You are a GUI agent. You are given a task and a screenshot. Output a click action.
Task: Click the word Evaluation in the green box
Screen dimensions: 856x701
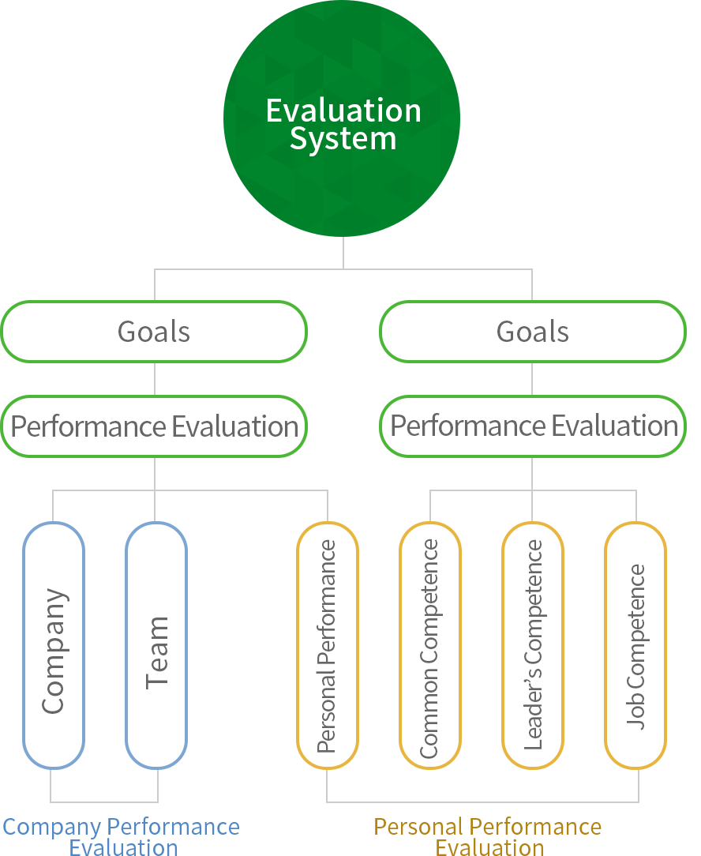(x=343, y=111)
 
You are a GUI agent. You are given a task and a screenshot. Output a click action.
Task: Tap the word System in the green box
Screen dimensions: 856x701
(x=343, y=139)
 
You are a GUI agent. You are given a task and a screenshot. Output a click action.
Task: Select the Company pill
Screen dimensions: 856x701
(x=54, y=645)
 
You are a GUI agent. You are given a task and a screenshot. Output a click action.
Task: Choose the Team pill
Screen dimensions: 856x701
(x=156, y=645)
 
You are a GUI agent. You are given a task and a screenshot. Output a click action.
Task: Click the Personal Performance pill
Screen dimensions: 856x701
(x=327, y=645)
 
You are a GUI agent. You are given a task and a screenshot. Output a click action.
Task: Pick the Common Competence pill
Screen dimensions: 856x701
(x=429, y=645)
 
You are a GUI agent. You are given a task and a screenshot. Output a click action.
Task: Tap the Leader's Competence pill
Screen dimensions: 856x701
(x=533, y=645)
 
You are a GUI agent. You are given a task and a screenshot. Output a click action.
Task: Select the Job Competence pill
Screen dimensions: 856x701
(x=635, y=645)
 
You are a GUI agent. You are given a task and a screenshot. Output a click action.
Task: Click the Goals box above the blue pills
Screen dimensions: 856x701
(x=154, y=332)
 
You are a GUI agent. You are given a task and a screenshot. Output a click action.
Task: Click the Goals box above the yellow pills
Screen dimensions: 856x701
(x=533, y=332)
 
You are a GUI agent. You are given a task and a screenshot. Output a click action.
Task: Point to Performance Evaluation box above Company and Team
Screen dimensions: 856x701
(x=154, y=426)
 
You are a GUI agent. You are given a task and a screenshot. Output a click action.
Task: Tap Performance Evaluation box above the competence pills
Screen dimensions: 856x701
(x=533, y=426)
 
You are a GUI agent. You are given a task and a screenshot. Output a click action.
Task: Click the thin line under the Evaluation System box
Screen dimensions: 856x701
(x=343, y=252)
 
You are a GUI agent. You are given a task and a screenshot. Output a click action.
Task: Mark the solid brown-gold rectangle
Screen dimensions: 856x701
(x=485, y=836)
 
